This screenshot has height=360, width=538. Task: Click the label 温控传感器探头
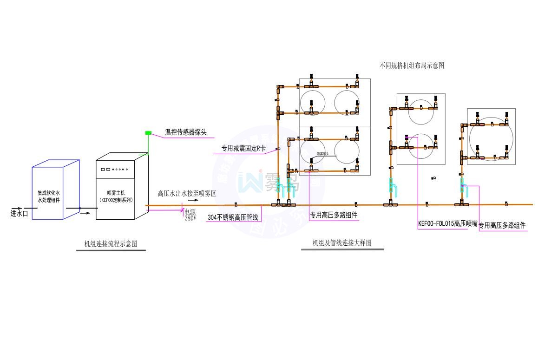[186, 133]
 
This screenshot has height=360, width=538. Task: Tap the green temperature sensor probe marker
[148, 133]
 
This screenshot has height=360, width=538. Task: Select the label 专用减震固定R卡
[243, 149]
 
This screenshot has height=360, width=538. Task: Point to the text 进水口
[20, 214]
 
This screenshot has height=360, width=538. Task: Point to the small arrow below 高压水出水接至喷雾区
[192, 201]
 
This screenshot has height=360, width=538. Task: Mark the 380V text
[190, 217]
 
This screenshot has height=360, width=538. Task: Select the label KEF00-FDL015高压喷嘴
[448, 223]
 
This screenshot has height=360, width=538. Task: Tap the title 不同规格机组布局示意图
[412, 65]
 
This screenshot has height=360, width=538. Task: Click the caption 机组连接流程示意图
[111, 243]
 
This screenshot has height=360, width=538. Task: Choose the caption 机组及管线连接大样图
[342, 242]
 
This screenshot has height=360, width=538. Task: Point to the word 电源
[190, 211]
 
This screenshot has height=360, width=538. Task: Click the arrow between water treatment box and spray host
[86, 213]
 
